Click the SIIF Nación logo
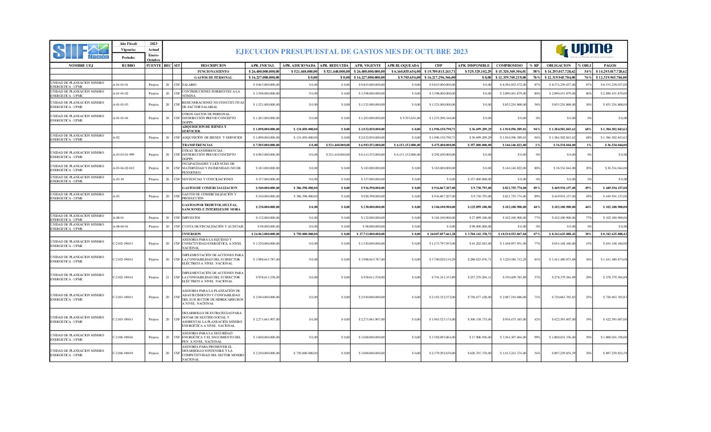tap(81, 51)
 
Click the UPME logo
tap(584, 51)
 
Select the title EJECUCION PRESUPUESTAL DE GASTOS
tap(352, 52)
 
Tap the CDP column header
tap(438, 66)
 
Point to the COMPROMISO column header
tap(509, 66)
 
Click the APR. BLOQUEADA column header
tap(403, 66)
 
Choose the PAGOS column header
tap(610, 66)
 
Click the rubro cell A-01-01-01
tap(121, 85)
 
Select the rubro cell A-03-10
tap(118, 179)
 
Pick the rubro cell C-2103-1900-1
tap(123, 297)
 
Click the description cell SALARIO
tap(189, 85)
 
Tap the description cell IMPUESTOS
tap(191, 218)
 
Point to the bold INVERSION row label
tap(192, 234)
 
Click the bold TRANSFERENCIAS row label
tap(197, 145)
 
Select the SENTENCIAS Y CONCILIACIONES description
tap(208, 179)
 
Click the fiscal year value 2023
tap(154, 44)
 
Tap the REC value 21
tap(167, 277)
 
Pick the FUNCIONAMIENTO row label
tap(213, 71)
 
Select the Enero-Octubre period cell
tap(154, 58)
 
